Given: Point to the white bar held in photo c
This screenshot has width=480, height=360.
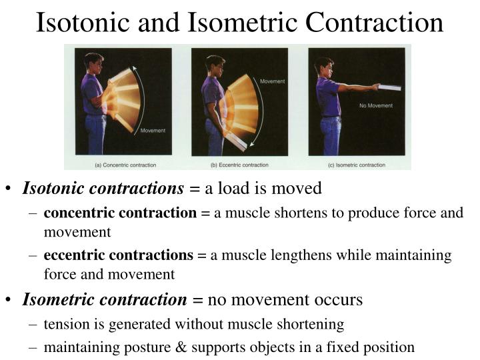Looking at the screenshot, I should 389,87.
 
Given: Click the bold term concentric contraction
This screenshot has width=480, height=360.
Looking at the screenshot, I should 120,213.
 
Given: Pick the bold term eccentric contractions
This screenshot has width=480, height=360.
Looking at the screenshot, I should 118,255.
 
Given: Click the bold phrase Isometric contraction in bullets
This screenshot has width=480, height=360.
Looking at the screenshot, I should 105,300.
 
